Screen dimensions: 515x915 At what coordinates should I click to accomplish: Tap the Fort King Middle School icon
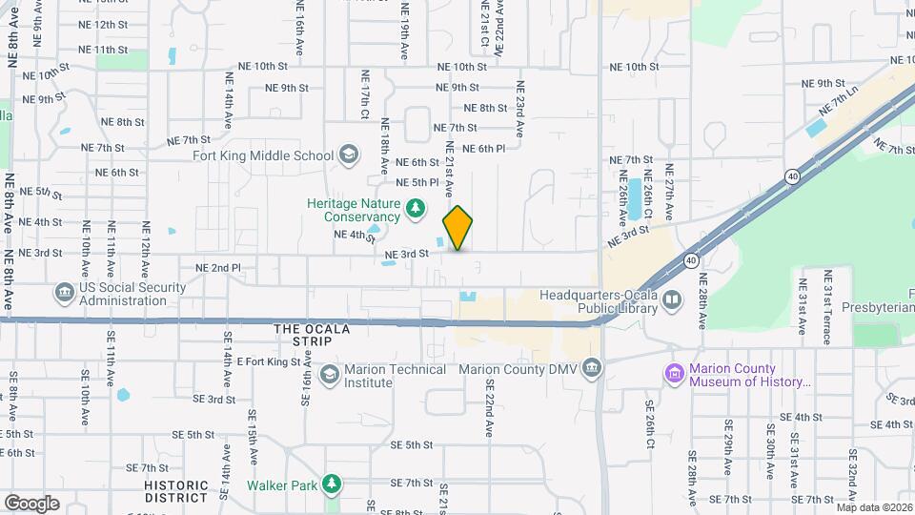coord(349,154)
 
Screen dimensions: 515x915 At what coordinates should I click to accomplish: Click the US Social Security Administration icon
coord(64,291)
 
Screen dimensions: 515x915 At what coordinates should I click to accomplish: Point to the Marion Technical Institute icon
coord(330,373)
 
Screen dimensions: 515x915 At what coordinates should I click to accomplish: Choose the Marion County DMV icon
coord(592,368)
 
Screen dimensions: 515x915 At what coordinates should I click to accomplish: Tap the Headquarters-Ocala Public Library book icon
coord(673,301)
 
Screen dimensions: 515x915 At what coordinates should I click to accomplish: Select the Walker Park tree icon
coord(331,484)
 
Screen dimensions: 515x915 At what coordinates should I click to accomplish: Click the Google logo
coord(31,503)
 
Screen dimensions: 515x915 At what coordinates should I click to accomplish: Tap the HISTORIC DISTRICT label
coord(176,491)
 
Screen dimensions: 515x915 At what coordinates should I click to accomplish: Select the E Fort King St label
coord(269,361)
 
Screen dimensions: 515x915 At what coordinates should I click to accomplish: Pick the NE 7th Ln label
coord(843,96)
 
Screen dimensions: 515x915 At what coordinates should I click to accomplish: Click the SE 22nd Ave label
coord(489,408)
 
